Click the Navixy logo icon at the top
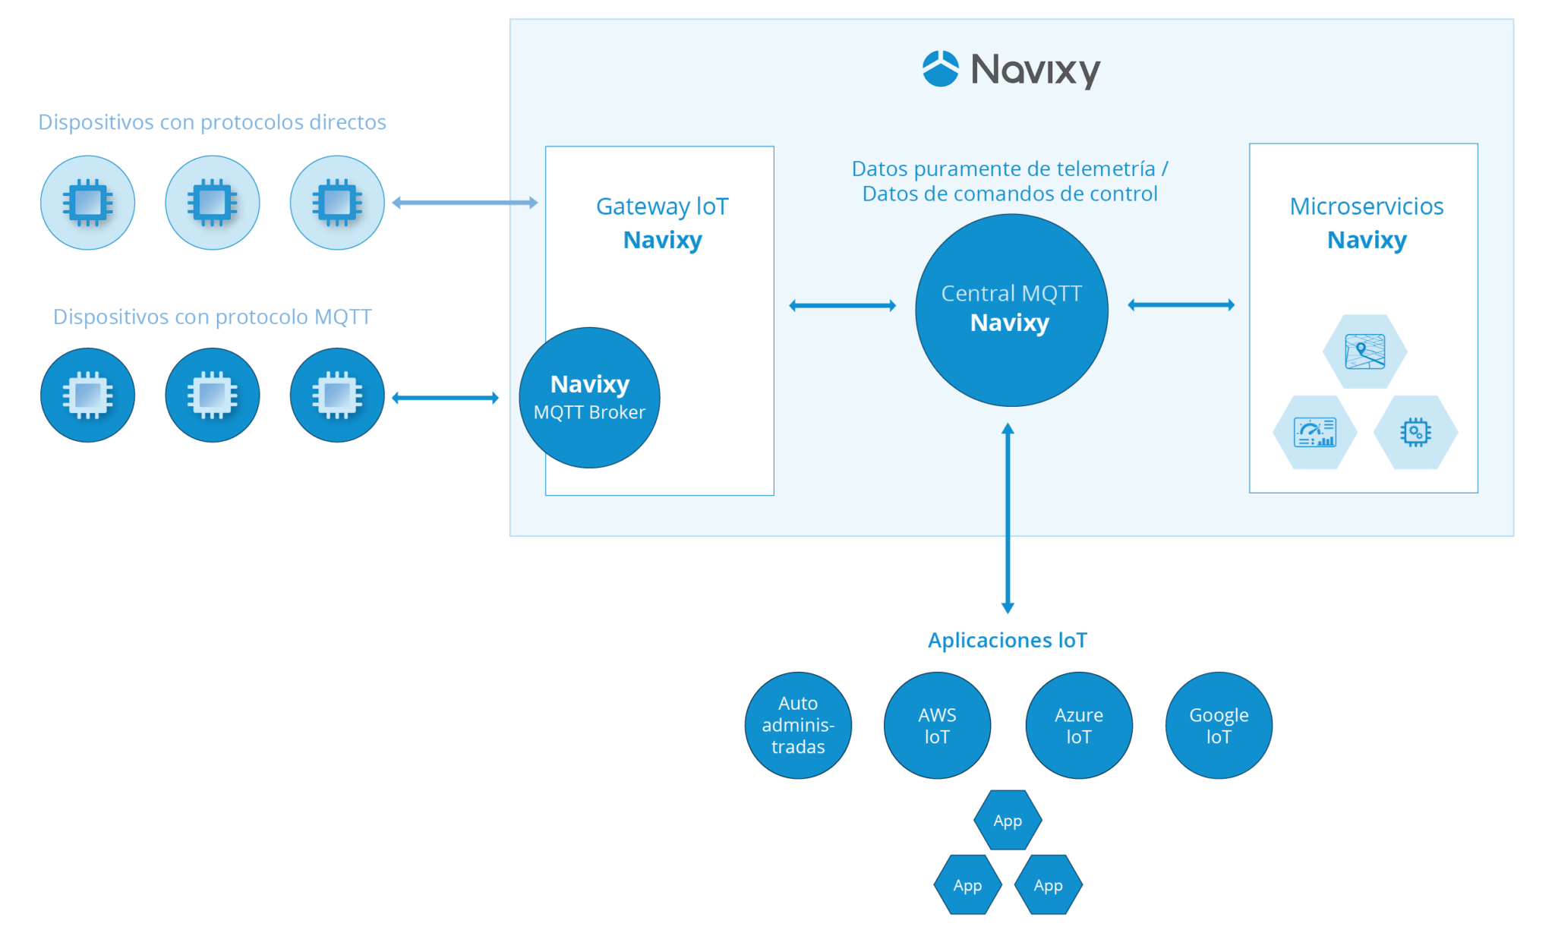pyautogui.click(x=940, y=69)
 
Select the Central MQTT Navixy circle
pyautogui.click(x=1011, y=310)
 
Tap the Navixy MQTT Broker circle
pyautogui.click(x=589, y=397)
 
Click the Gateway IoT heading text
pyautogui.click(x=662, y=206)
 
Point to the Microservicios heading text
pyautogui.click(x=1366, y=206)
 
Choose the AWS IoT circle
pyautogui.click(x=937, y=725)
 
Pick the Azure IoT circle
pyautogui.click(x=1078, y=725)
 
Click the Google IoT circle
pyautogui.click(x=1218, y=725)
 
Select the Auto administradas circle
pyautogui.click(x=798, y=725)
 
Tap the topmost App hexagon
pyautogui.click(x=1008, y=820)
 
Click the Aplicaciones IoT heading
pyautogui.click(x=1007, y=640)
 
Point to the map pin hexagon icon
pyautogui.click(x=1364, y=351)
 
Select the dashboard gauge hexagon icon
pyautogui.click(x=1314, y=432)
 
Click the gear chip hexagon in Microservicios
pyautogui.click(x=1415, y=432)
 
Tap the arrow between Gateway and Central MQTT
pyautogui.click(x=842, y=305)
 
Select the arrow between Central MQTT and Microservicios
pyautogui.click(x=1181, y=304)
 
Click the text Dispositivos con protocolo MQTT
pyautogui.click(x=212, y=317)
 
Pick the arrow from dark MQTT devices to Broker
pyautogui.click(x=445, y=397)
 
